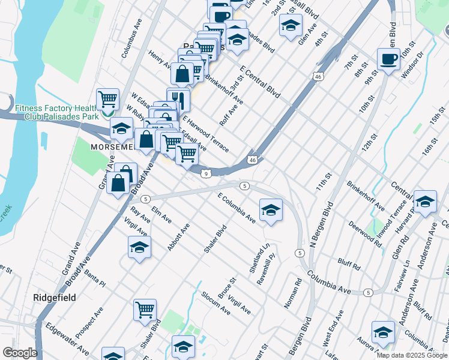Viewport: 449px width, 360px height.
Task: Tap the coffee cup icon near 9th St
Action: coord(388,59)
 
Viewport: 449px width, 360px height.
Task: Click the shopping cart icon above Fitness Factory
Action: coord(107,98)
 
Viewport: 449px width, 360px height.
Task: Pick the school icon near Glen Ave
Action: coord(291,25)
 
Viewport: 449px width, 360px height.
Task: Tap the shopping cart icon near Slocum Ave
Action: coord(145,310)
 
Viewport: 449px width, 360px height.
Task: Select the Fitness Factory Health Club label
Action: coord(56,112)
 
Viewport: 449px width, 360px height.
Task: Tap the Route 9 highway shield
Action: coord(206,173)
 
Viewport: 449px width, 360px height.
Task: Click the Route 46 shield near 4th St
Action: coord(318,77)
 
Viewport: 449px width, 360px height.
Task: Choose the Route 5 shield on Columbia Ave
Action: coord(368,292)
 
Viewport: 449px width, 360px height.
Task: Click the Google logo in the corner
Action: coord(20,353)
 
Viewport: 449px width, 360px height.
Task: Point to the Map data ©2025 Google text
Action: coord(412,355)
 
